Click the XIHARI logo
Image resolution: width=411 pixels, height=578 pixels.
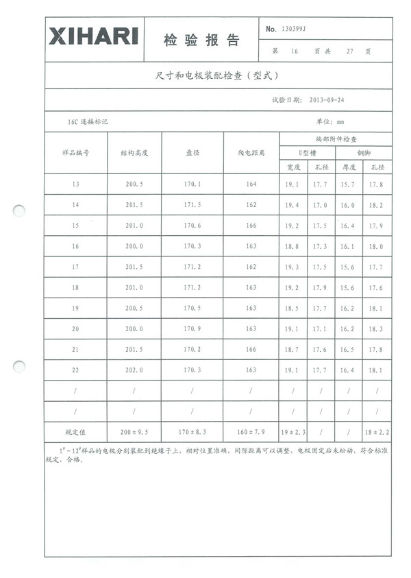[x=94, y=37]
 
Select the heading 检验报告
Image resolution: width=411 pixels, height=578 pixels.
[x=202, y=40]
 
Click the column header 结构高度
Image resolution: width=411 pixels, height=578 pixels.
[x=134, y=153]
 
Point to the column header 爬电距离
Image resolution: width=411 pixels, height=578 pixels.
[x=250, y=153]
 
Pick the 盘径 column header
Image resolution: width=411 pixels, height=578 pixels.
[x=192, y=153]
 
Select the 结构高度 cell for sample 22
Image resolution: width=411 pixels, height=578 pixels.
[x=134, y=370]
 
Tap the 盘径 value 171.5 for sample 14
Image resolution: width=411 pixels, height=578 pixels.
[x=192, y=205]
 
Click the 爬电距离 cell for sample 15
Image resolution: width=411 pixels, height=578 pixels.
[x=250, y=226]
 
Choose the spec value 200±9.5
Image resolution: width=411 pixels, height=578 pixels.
[x=134, y=433]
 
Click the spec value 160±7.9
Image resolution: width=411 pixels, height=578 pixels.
[x=250, y=433]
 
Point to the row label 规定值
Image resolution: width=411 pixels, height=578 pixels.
[x=75, y=433]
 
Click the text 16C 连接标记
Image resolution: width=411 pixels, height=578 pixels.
[x=88, y=121]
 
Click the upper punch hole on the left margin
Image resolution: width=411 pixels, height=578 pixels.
[x=20, y=211]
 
